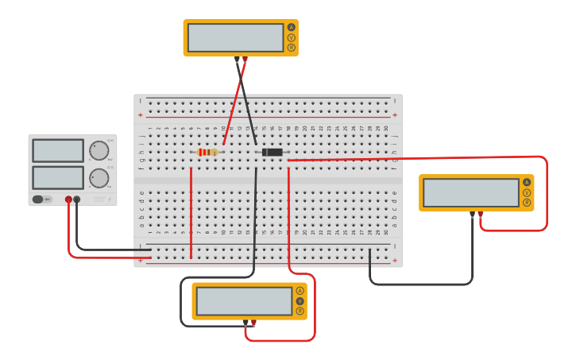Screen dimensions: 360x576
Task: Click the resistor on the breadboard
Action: pos(207,152)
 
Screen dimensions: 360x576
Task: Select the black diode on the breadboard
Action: pos(273,152)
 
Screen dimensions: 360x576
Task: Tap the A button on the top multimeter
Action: pos(291,27)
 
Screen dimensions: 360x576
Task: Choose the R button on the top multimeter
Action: pos(291,48)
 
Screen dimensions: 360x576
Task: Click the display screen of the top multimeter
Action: pos(236,37)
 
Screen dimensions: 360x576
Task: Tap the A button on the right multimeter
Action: pos(527,182)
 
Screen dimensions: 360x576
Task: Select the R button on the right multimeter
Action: pos(527,203)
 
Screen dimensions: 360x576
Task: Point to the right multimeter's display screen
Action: pos(471,192)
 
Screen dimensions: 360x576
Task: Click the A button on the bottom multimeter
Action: pos(300,290)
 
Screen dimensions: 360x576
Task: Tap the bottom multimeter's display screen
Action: pos(245,301)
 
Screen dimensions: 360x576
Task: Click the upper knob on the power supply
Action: pos(99,150)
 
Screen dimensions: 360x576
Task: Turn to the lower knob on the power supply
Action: pos(99,177)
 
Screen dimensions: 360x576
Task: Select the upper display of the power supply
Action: pos(58,150)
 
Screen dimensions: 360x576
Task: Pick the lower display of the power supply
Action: pos(58,177)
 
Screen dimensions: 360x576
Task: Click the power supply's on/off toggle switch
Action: pos(38,199)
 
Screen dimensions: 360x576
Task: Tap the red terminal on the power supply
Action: pos(68,199)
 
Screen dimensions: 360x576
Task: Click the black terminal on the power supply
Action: pos(77,199)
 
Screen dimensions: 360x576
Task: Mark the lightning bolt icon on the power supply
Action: pos(110,199)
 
